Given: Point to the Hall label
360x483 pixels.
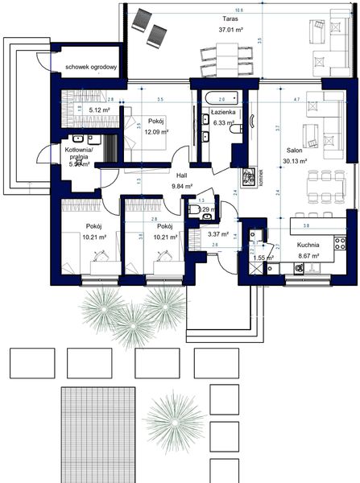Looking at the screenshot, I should pyautogui.click(x=183, y=174).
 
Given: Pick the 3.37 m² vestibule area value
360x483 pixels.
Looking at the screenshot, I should pyautogui.click(x=218, y=235).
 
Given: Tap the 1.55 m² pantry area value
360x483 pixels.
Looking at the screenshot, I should pyautogui.click(x=264, y=258).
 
